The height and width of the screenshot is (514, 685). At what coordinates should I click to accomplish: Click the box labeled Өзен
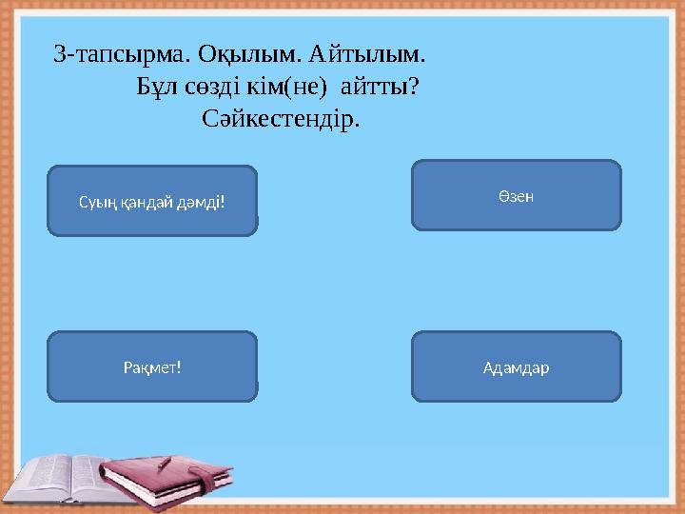[516, 195]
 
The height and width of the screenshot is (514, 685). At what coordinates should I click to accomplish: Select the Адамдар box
[516, 366]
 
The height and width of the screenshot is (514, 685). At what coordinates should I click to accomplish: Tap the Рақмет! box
[152, 366]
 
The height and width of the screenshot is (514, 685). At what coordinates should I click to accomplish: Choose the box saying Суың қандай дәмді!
[152, 201]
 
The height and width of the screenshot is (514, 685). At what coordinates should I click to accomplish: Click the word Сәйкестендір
[282, 121]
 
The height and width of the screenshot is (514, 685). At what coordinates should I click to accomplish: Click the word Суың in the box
[93, 201]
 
